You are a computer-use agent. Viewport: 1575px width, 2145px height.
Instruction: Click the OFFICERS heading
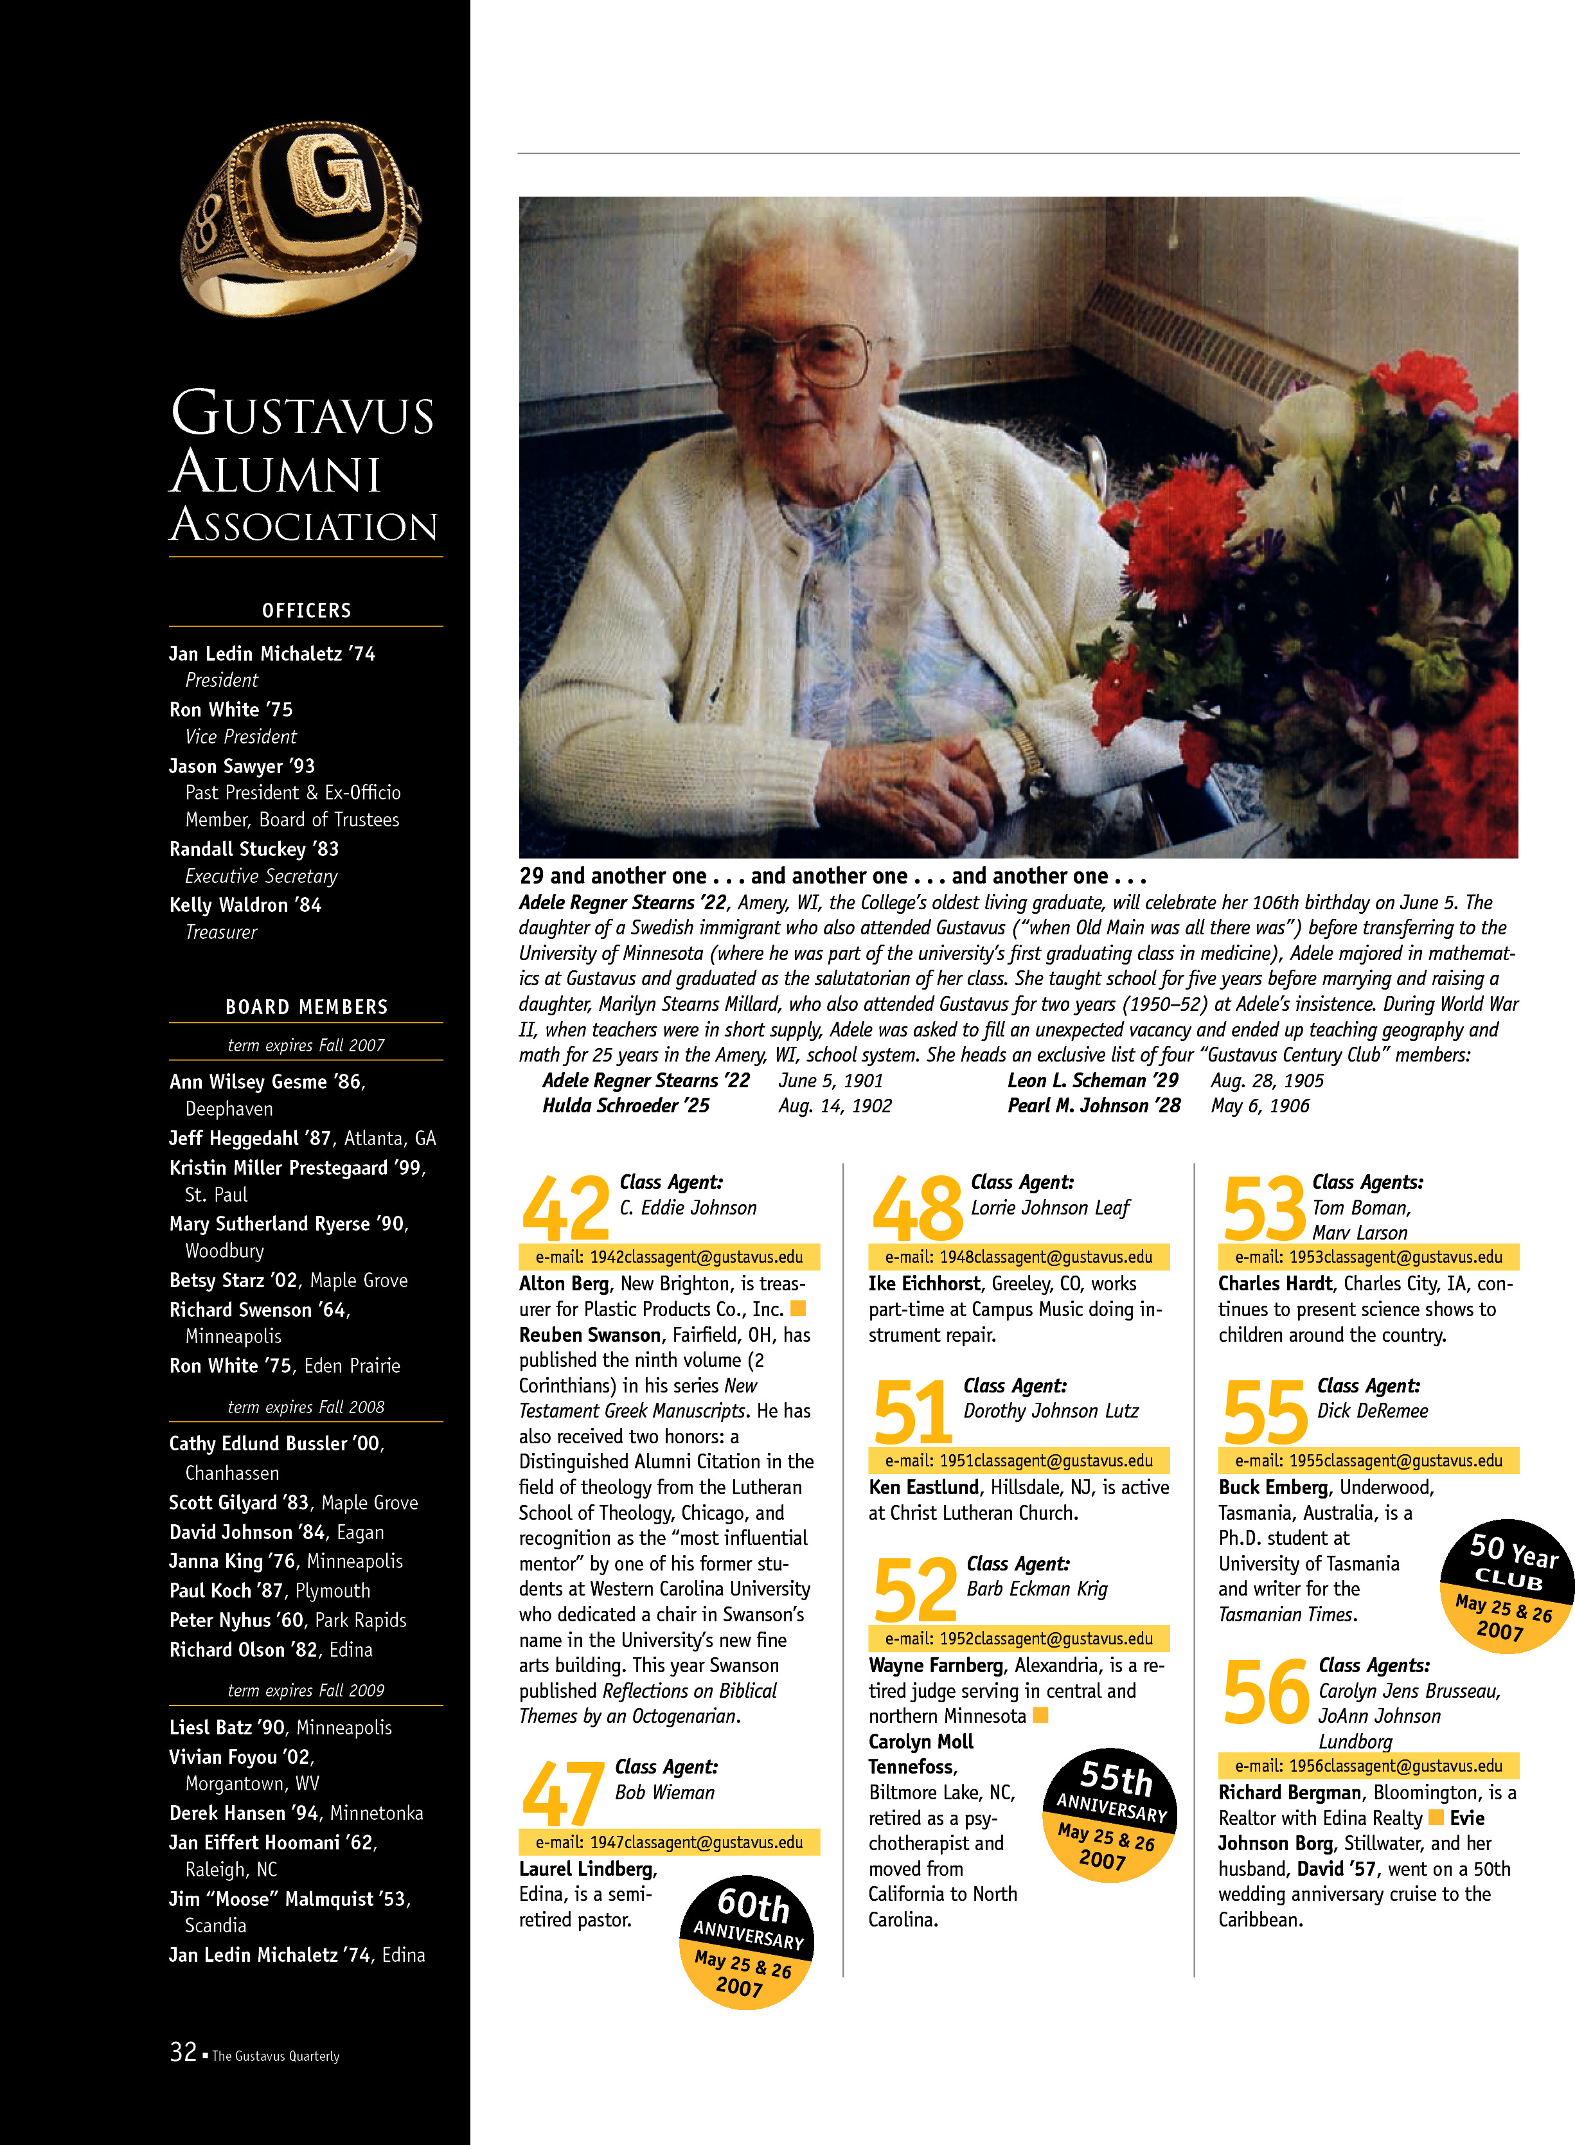(x=306, y=610)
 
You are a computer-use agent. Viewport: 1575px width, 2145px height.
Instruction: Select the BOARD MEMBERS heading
(x=306, y=1007)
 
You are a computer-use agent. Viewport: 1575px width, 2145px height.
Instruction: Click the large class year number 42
(x=565, y=1209)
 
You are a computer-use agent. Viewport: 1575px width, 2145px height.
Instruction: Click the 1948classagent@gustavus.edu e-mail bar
(x=1019, y=1256)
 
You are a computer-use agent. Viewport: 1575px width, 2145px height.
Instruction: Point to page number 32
(x=183, y=2052)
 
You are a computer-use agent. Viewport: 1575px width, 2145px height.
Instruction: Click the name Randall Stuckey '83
(x=254, y=848)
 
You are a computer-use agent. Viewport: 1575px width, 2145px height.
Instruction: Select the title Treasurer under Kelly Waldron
(x=221, y=932)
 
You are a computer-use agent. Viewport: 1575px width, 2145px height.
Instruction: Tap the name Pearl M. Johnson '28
(x=1094, y=1106)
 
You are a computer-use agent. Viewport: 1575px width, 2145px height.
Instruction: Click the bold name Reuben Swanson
(x=589, y=1335)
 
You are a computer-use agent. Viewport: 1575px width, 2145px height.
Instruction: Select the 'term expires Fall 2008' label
(x=306, y=1407)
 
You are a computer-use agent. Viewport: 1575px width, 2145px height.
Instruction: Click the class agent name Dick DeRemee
(x=1372, y=1411)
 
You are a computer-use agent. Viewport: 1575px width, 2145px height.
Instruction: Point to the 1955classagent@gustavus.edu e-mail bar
(x=1368, y=1461)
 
